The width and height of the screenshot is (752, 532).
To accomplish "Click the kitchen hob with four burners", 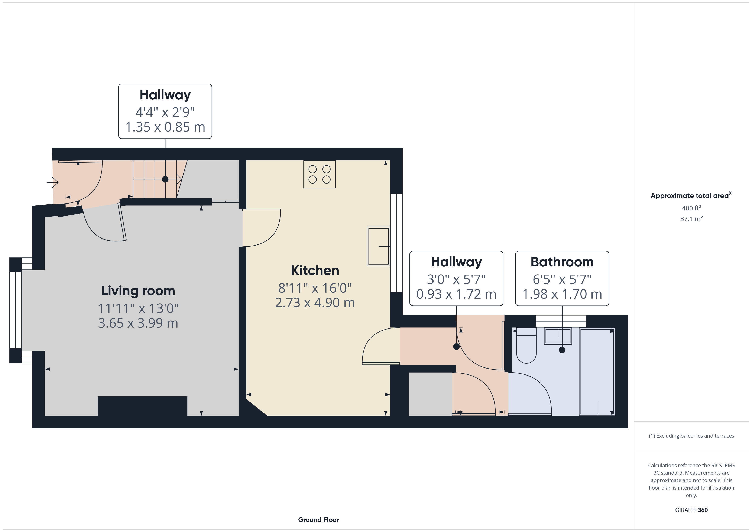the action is pyautogui.click(x=319, y=174).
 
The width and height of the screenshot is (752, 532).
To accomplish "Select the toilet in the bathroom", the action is pyautogui.click(x=526, y=345).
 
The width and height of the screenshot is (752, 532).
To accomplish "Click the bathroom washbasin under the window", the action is pyautogui.click(x=558, y=336).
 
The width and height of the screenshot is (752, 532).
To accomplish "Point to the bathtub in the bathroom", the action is pyautogui.click(x=597, y=372).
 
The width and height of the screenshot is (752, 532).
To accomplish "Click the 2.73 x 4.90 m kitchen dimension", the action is pyautogui.click(x=315, y=303).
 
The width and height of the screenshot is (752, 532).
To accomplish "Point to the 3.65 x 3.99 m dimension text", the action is pyautogui.click(x=138, y=323).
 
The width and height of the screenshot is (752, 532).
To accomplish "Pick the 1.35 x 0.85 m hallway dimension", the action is pyautogui.click(x=165, y=127).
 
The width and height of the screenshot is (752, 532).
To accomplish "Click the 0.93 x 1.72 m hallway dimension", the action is pyautogui.click(x=456, y=294).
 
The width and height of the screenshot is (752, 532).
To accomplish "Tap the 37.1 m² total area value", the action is pyautogui.click(x=691, y=218).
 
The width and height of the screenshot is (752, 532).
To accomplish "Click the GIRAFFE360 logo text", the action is pyautogui.click(x=691, y=510).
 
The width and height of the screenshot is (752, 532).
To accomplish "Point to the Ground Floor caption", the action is pyautogui.click(x=318, y=520).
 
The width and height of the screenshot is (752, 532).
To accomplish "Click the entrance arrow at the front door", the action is pyautogui.click(x=52, y=182).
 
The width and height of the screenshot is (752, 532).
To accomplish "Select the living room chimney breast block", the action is pyautogui.click(x=142, y=406).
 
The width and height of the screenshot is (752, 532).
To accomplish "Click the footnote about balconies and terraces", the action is pyautogui.click(x=691, y=436).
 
